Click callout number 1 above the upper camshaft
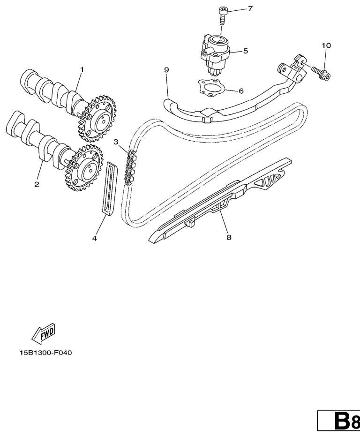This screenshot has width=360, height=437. pos(82,69)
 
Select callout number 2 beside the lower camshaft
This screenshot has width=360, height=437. pos(37,184)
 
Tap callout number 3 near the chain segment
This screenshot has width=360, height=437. pos(116,142)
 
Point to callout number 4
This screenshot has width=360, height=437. pos(95,238)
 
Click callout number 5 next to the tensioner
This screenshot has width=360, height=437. pos(246,51)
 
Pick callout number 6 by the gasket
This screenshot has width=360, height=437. pos(241,91)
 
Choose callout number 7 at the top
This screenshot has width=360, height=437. pos(250,8)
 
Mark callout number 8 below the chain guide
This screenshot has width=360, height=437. pos(229,237)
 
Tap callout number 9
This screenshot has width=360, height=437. pos(166,69)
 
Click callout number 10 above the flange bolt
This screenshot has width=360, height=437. pos(326,45)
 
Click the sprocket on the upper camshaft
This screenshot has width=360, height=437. pos(97,119)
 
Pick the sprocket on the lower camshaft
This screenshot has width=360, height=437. pos(85,168)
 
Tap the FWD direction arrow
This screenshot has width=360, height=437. pos(43,333)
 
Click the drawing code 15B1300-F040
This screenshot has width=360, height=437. pos(45,353)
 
